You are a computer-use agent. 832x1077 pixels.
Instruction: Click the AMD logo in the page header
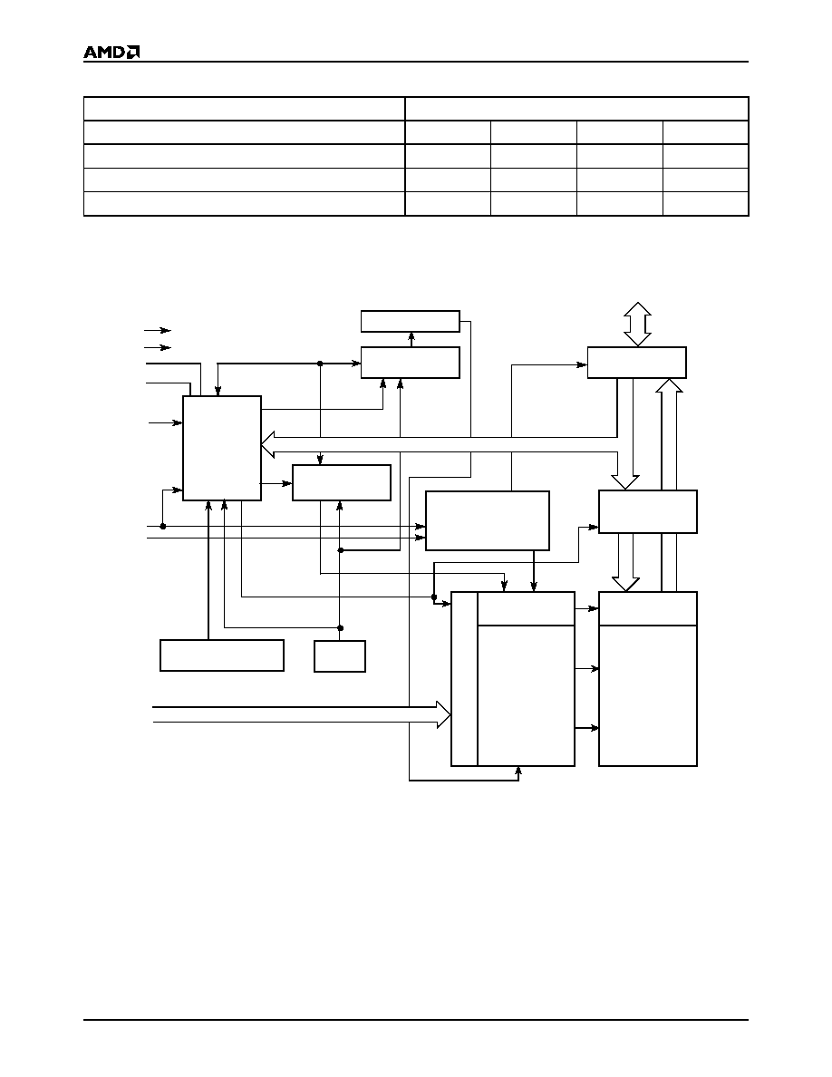[x=111, y=53]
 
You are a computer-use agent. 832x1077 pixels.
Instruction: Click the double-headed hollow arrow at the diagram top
[x=637, y=325]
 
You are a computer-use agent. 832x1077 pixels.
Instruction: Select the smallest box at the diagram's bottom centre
[x=340, y=656]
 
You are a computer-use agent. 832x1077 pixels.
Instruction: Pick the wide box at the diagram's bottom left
[x=222, y=655]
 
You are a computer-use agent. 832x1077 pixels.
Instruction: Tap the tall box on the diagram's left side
[x=222, y=448]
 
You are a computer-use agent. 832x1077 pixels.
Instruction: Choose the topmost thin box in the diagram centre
[x=411, y=322]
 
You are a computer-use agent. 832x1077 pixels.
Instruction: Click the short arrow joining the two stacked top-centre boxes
[x=411, y=339]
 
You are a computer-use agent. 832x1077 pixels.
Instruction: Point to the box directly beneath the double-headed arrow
[x=637, y=362]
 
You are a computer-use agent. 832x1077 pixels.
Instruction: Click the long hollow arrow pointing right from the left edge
[x=302, y=714]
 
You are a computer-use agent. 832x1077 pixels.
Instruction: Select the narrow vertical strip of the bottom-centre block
[x=464, y=679]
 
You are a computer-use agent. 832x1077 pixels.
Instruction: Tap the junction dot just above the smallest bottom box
[x=341, y=627]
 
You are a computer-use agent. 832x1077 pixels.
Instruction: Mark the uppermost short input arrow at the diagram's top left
[x=157, y=330]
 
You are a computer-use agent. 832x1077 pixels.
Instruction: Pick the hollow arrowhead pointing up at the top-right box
[x=669, y=386]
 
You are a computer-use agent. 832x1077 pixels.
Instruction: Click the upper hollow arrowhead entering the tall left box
[x=268, y=437]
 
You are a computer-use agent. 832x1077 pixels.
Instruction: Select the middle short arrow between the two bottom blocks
[x=587, y=668]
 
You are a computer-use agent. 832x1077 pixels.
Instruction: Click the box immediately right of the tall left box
[x=342, y=483]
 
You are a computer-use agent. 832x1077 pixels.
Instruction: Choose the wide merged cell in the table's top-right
[x=576, y=109]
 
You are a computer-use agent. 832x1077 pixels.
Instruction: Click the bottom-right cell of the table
[x=706, y=204]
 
